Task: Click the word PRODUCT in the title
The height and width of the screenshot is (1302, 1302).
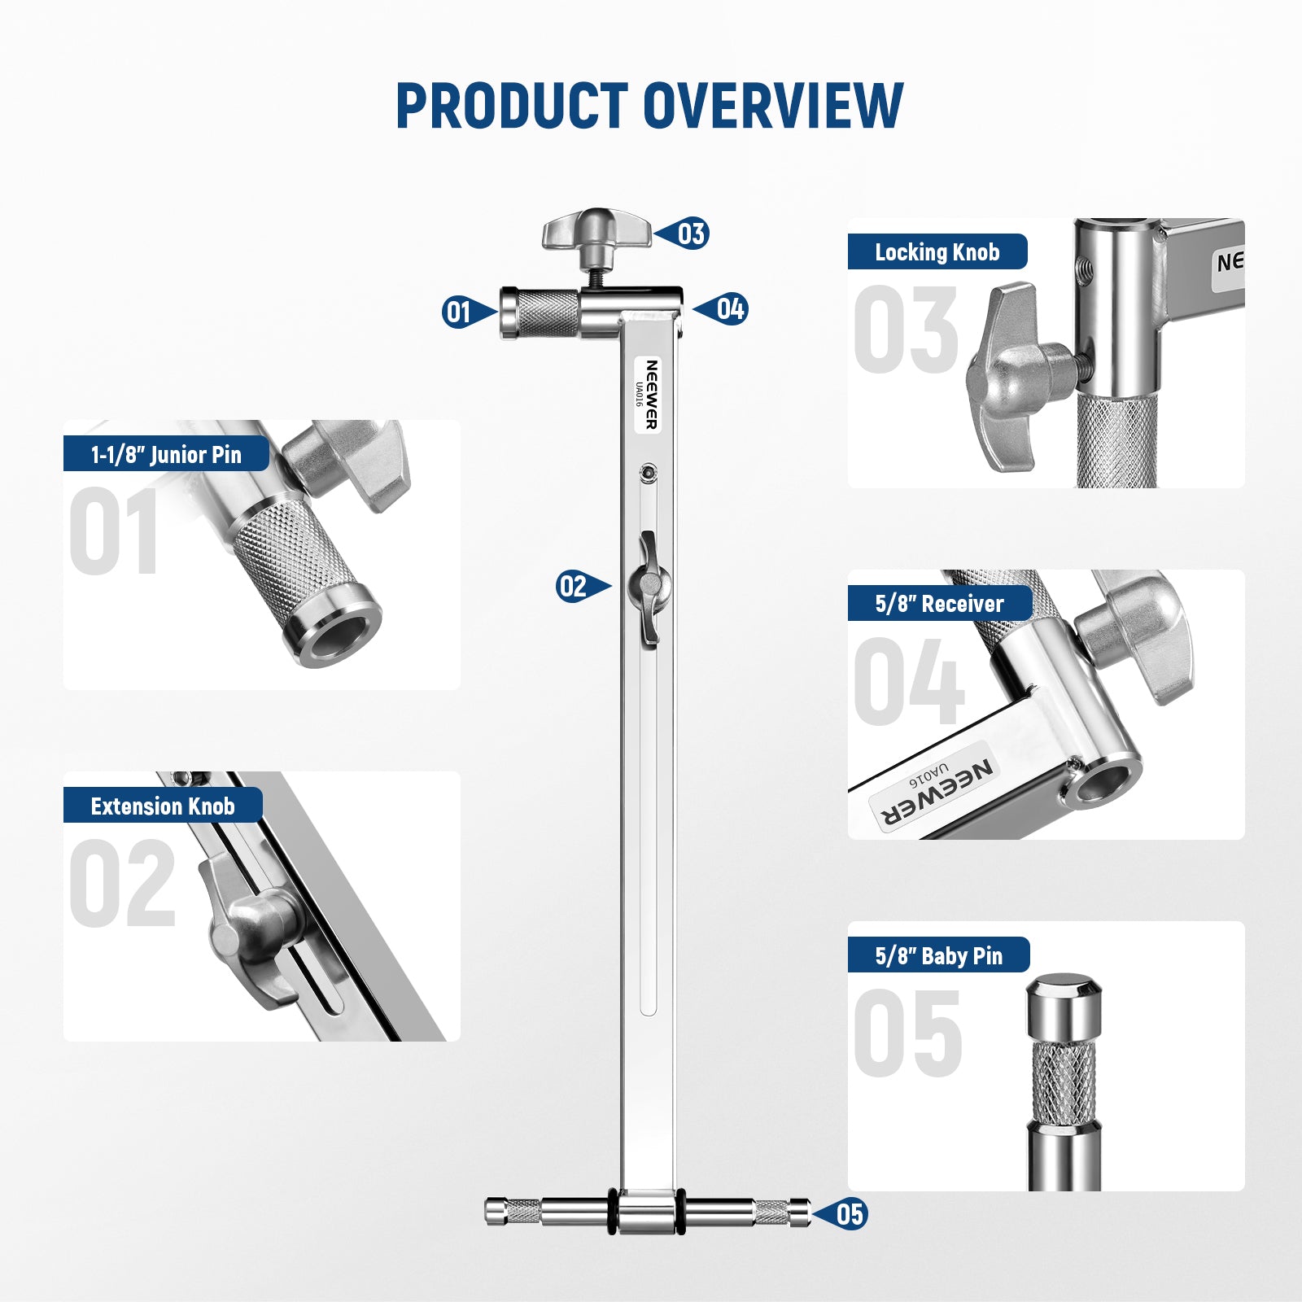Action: click(x=512, y=106)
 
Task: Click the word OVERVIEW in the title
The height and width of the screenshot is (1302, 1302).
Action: click(x=773, y=106)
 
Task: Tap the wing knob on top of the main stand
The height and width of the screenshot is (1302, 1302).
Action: click(x=596, y=232)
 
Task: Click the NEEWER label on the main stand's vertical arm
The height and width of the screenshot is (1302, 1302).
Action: click(x=648, y=395)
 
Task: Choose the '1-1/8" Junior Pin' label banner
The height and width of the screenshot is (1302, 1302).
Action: click(x=166, y=454)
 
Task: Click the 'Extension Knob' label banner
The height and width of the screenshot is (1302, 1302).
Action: click(x=163, y=806)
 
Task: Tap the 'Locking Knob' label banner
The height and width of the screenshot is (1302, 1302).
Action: click(x=937, y=252)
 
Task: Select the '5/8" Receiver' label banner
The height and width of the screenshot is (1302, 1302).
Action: click(x=940, y=604)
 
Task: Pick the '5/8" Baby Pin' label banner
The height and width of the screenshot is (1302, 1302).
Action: click(x=939, y=955)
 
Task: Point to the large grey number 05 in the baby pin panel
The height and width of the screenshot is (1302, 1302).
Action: click(x=908, y=1033)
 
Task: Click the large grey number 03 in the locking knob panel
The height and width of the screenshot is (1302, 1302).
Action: click(x=906, y=330)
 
